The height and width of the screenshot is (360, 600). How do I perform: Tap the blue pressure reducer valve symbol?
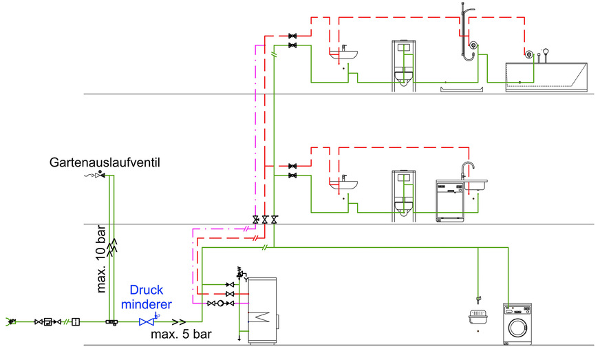click(147, 321)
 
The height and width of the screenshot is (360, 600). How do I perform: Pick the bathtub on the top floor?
click(546, 76)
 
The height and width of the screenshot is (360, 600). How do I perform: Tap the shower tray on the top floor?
click(464, 87)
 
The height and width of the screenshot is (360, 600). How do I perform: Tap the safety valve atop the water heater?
click(240, 273)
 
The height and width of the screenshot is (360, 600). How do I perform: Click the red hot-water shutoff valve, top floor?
click(294, 35)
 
